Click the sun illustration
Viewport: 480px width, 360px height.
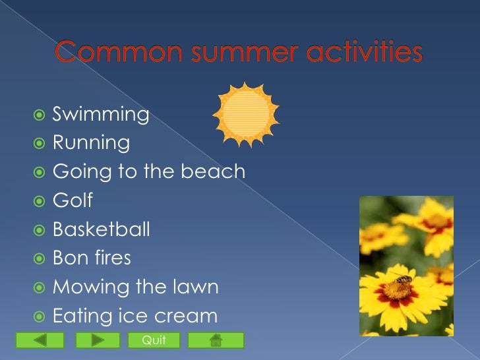(x=245, y=114)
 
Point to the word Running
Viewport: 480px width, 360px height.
(x=91, y=143)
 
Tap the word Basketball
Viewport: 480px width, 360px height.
(x=101, y=229)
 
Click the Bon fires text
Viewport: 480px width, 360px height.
(x=92, y=258)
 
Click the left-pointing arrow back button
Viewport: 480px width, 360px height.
(x=40, y=340)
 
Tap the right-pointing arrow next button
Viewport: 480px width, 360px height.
(x=98, y=340)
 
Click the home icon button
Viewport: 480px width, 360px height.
(x=216, y=340)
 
